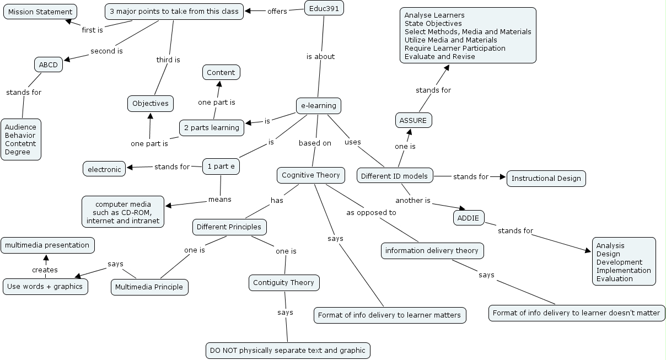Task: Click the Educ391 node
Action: pos(324,8)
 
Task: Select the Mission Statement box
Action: pos(40,12)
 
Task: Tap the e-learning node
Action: pos(318,105)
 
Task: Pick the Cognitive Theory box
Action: pos(311,175)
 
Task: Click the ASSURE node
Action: pos(413,120)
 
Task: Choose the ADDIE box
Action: pos(469,218)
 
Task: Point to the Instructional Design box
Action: pos(546,178)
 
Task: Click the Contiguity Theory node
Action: pos(283,283)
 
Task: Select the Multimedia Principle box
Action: pos(149,287)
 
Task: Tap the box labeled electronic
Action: pos(104,169)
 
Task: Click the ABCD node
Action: pos(49,65)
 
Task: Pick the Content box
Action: pos(221,72)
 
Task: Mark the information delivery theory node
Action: pos(432,251)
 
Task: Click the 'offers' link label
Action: pos(277,11)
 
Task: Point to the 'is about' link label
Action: pos(320,56)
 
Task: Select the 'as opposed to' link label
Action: pos(371,212)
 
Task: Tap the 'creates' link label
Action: pos(45,270)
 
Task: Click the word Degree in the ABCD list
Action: pos(18,152)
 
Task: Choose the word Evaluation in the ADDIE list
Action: pos(614,279)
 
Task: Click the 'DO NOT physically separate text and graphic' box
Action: pos(287,350)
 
